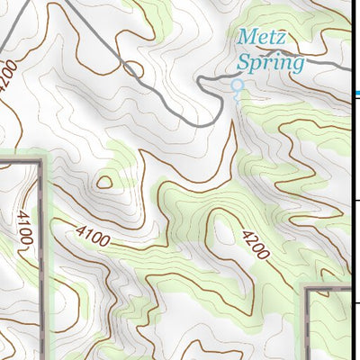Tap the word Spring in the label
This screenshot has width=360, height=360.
tap(270, 63)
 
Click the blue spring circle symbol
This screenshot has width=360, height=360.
tap(238, 86)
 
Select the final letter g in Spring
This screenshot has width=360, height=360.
tap(298, 66)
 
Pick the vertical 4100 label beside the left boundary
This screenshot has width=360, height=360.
tap(23, 229)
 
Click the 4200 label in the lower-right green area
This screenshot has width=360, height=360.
tap(255, 242)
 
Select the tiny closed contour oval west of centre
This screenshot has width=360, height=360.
tap(103, 183)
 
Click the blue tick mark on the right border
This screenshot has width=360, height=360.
tap(357, 93)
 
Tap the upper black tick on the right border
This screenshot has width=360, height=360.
tap(356, 200)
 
